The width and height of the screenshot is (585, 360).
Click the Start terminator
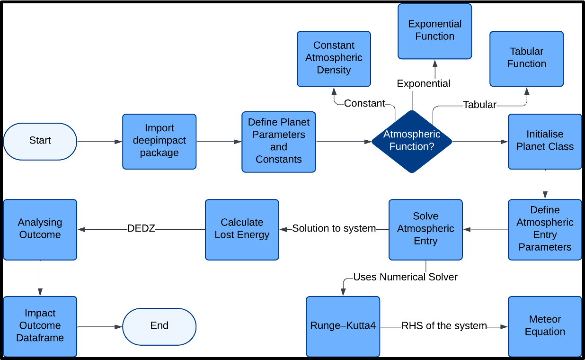point(40,141)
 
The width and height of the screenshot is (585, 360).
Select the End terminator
point(159,326)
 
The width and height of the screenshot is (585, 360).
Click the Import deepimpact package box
point(159,141)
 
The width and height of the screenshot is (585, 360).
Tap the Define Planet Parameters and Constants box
point(279,141)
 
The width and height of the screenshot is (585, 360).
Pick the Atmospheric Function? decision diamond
point(412,141)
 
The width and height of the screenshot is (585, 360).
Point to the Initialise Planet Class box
point(545,141)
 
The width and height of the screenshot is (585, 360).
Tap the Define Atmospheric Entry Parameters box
point(545,229)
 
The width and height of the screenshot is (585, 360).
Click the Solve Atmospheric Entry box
point(425,229)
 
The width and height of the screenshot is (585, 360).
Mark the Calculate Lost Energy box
point(242,229)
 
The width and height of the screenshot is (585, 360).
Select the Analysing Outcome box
point(40,229)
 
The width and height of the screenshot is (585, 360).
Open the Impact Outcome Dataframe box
point(40,326)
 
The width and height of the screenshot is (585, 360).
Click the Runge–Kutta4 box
point(343,326)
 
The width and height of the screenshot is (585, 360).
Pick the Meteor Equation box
point(545,326)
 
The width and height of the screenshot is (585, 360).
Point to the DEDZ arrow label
point(141,229)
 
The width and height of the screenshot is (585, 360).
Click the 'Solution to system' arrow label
point(334,229)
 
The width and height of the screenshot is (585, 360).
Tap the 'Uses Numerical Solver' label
point(405,277)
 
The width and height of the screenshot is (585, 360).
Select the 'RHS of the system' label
point(444,326)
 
